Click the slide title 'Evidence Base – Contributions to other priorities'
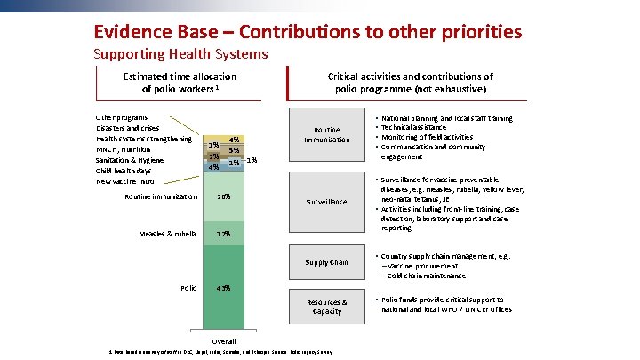coord(307,32)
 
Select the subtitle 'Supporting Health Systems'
coord(180,54)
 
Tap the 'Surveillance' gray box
coord(326,202)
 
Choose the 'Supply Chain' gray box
coord(326,262)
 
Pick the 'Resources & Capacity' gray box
coord(326,307)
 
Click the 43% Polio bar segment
coord(224,288)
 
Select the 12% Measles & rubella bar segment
coord(224,234)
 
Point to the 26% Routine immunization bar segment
coord(224,196)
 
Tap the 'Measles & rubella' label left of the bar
coord(168,234)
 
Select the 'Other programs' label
coord(122,117)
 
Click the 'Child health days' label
coord(124,171)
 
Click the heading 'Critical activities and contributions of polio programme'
coord(410,83)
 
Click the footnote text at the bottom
coord(220,353)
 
